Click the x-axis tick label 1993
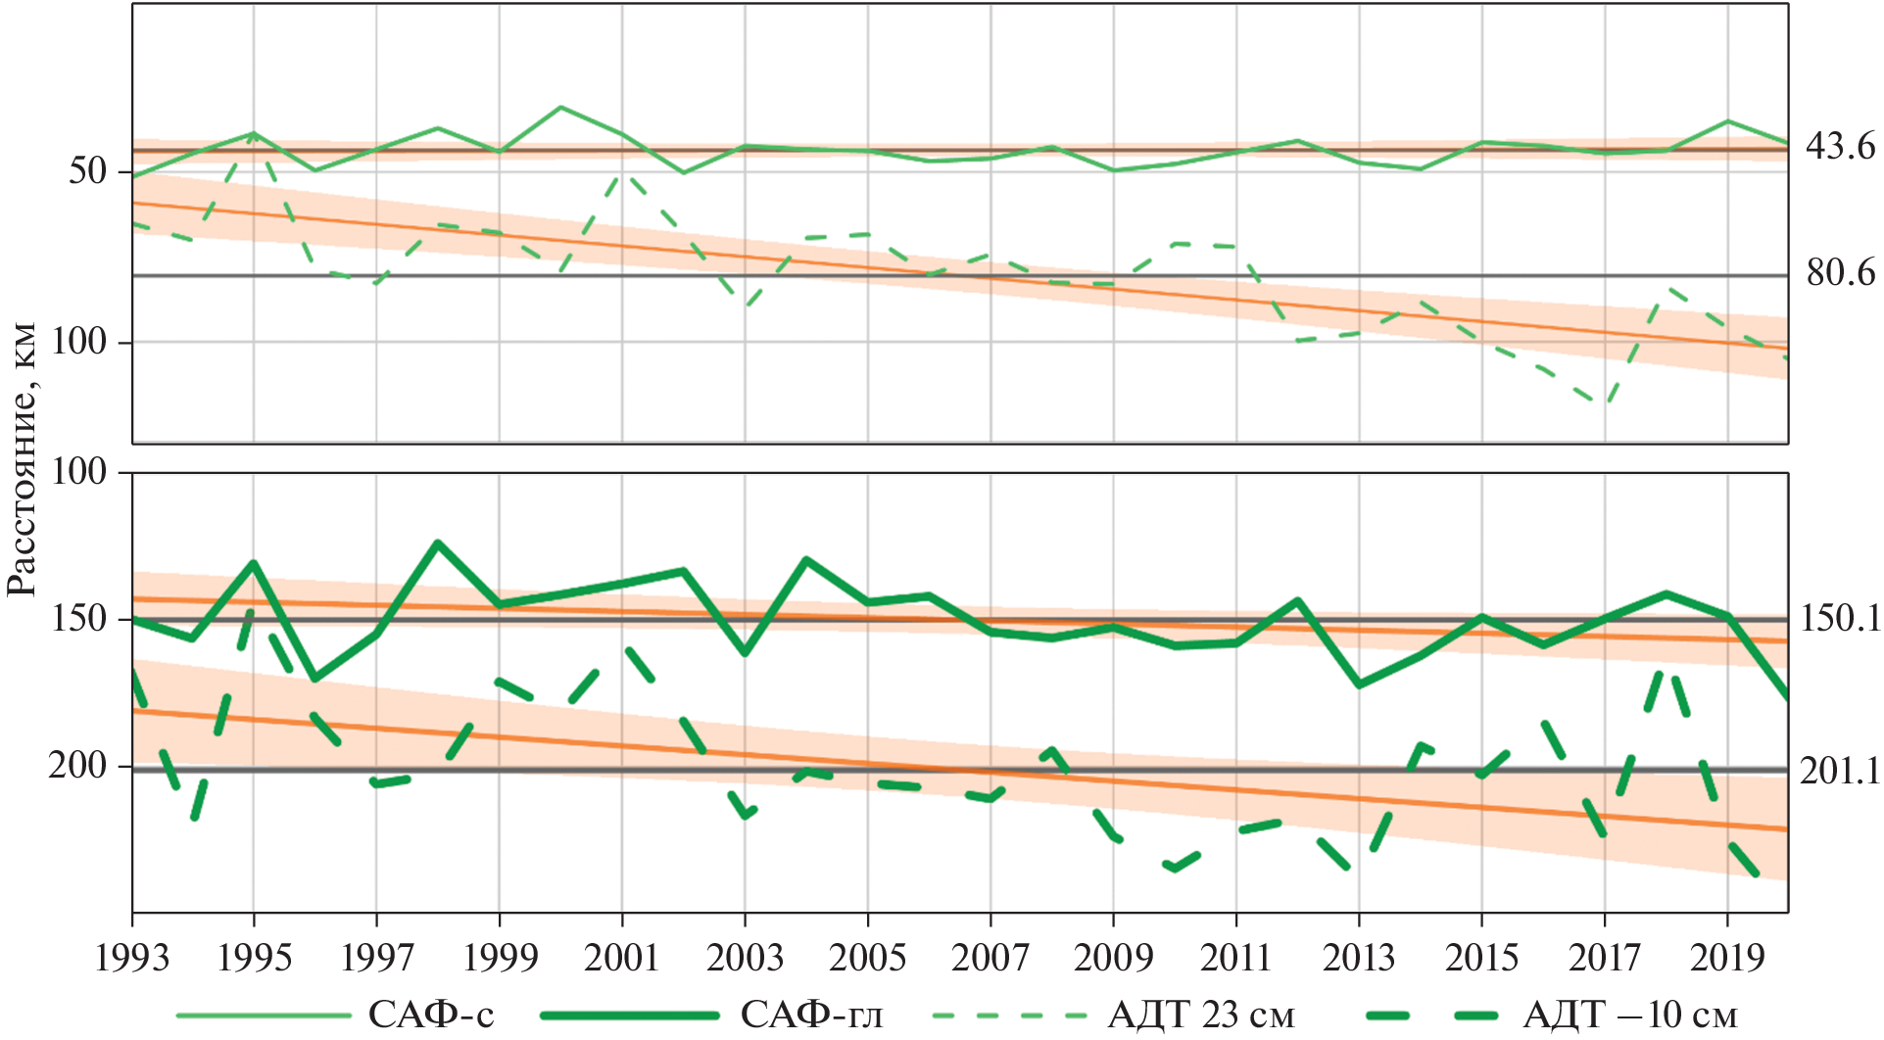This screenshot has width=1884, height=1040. click(x=132, y=958)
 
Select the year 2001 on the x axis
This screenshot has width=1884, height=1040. click(x=622, y=958)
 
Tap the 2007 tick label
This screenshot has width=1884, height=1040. click(x=990, y=958)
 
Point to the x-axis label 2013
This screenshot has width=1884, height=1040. click(x=1359, y=958)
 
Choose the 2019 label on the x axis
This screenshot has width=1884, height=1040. click(x=1726, y=958)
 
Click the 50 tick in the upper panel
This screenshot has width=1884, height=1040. click(x=87, y=171)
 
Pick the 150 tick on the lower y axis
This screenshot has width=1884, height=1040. click(x=77, y=619)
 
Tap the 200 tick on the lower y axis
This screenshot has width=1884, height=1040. click(x=77, y=765)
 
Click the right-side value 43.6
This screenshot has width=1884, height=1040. click(x=1840, y=147)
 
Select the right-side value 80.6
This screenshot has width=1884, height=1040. click(x=1840, y=273)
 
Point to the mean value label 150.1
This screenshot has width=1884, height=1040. click(x=1840, y=619)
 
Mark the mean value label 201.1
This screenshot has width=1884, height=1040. click(x=1840, y=772)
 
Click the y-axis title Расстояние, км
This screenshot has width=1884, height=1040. click(x=22, y=458)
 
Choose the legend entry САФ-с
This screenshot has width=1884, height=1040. click(x=431, y=1015)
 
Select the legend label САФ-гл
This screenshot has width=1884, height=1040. click(x=811, y=1015)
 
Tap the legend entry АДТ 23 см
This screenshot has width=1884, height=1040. click(x=1201, y=1015)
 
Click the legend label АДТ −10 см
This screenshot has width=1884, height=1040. click(x=1629, y=1015)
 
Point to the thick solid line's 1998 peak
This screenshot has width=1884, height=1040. click(x=437, y=543)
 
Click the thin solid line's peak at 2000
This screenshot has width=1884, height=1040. click(x=560, y=107)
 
